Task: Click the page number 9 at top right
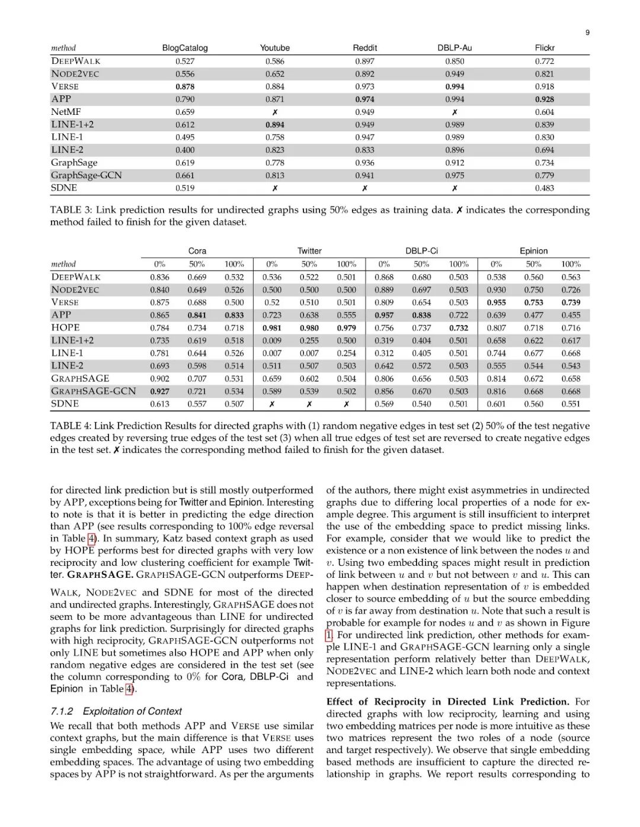(x=587, y=33)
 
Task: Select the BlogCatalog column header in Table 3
(x=185, y=48)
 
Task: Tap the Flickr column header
(x=545, y=48)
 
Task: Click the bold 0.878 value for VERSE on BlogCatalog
(x=185, y=86)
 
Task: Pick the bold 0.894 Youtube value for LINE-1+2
(x=274, y=125)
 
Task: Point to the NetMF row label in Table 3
(x=66, y=112)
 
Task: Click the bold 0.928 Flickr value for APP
(x=545, y=99)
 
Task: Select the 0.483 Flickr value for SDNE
(x=545, y=188)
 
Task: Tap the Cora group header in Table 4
(x=197, y=251)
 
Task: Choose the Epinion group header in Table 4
(x=534, y=251)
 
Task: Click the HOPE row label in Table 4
(x=65, y=328)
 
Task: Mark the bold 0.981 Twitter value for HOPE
(x=272, y=328)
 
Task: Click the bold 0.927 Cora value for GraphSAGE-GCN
(x=159, y=391)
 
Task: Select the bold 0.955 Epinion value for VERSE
(x=496, y=303)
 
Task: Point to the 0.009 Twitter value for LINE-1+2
(x=272, y=341)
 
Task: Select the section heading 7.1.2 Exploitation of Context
(x=116, y=712)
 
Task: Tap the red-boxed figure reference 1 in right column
(x=329, y=635)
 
